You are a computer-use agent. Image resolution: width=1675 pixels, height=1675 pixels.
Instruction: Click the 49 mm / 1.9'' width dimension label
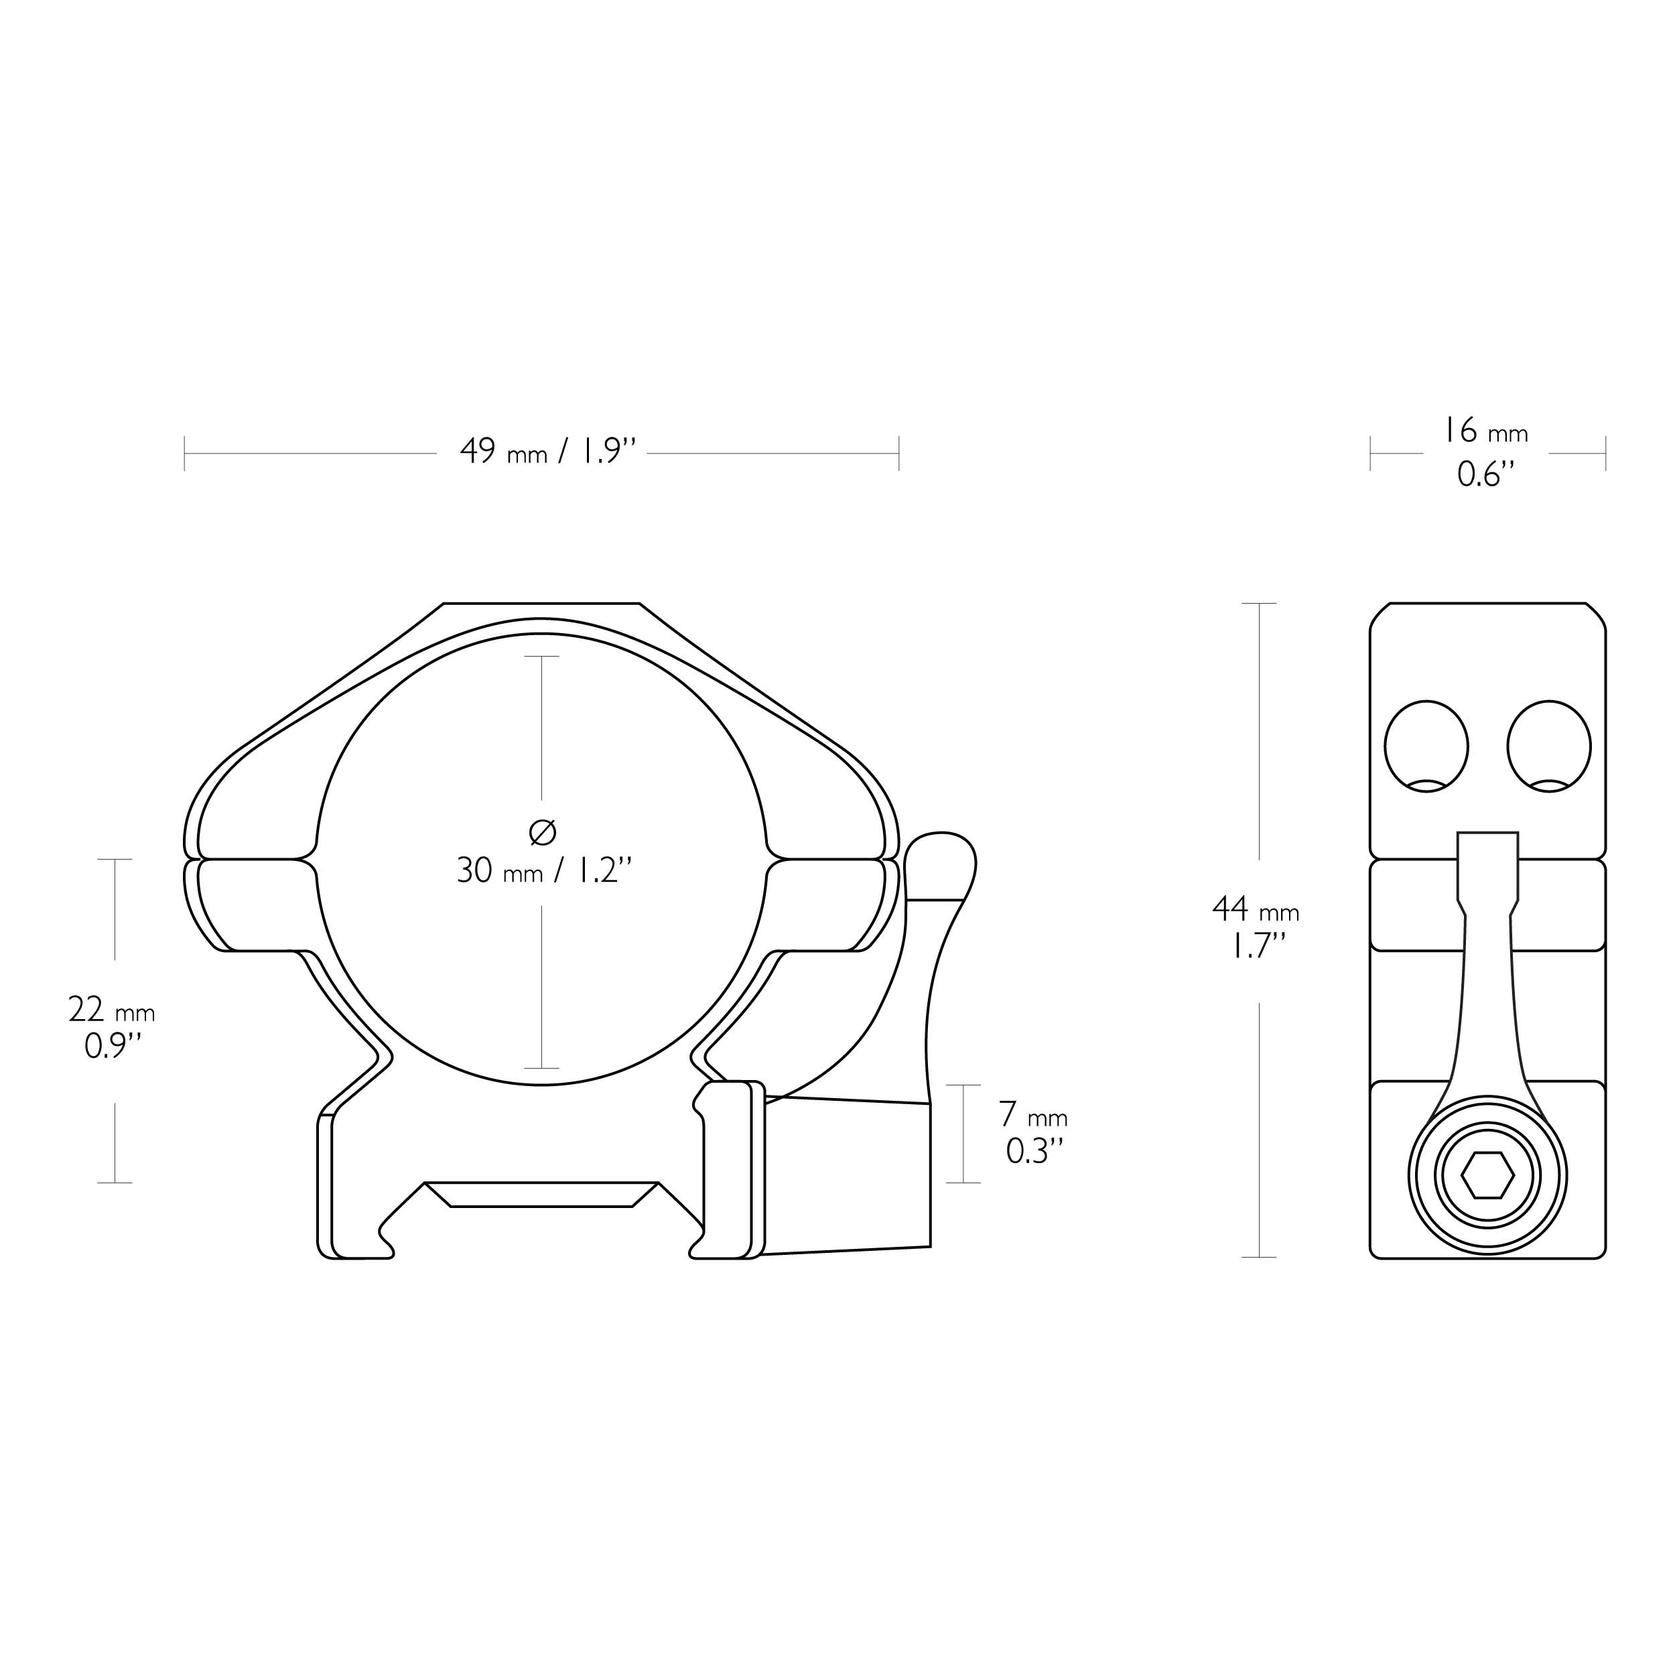pos(548,452)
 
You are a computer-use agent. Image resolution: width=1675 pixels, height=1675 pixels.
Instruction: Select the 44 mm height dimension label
pos(1256,909)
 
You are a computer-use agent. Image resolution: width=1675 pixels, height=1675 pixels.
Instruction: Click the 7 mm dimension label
pos(1032,1114)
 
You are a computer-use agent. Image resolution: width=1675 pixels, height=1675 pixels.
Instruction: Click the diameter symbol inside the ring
pos(542,832)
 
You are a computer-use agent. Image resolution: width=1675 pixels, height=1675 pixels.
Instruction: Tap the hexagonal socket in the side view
pos(1487,1177)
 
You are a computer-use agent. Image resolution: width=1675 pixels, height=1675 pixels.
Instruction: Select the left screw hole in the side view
pos(1426,746)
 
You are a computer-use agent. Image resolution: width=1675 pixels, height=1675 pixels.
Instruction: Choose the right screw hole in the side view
pos(1549,746)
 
